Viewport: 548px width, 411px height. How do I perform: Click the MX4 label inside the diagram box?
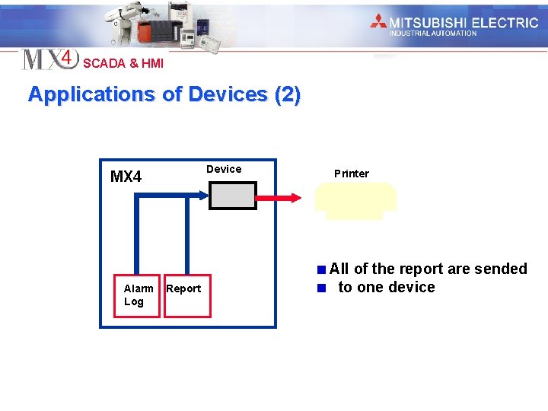click(126, 177)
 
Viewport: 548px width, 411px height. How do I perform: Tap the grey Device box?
click(233, 195)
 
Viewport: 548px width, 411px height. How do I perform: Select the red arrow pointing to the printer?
click(282, 198)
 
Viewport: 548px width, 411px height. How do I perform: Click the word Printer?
click(351, 174)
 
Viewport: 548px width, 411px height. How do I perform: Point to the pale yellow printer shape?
click(355, 200)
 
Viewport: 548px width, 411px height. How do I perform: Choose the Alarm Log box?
click(137, 295)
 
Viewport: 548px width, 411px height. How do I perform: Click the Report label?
click(183, 288)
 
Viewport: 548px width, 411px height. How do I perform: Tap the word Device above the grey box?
click(224, 169)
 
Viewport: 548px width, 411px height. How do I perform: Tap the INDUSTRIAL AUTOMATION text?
click(432, 33)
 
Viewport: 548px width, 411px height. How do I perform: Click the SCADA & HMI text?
click(123, 63)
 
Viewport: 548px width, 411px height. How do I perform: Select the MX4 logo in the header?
click(50, 59)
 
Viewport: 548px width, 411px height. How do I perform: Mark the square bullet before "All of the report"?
click(323, 269)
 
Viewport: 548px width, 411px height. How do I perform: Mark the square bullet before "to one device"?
click(322, 288)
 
